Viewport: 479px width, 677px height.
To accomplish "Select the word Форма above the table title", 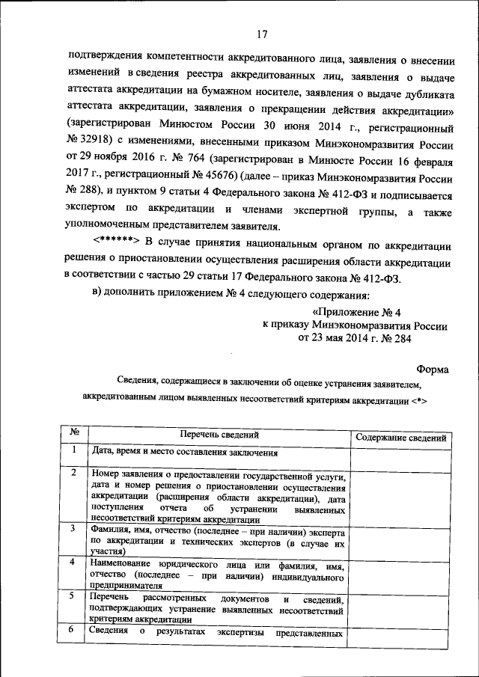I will [x=432, y=368].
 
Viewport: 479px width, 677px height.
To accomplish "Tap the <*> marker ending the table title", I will [x=418, y=400].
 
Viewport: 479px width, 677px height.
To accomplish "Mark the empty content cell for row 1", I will [x=401, y=456].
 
